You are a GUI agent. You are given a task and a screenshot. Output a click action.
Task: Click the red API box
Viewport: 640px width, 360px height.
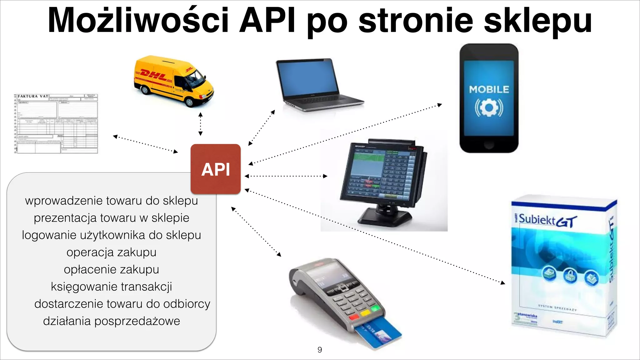pyautogui.click(x=216, y=169)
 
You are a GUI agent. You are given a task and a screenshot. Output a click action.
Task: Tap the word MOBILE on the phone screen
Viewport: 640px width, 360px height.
pyautogui.click(x=489, y=90)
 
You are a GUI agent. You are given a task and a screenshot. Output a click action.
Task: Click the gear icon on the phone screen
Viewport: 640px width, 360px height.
pyautogui.click(x=489, y=108)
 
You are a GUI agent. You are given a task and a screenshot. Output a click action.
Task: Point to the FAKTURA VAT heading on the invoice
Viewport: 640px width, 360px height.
pyautogui.click(x=33, y=96)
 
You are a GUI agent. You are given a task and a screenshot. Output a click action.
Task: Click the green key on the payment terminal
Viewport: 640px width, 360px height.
pyautogui.click(x=376, y=309)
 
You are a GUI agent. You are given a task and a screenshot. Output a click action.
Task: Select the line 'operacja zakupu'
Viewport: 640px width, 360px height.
pyautogui.click(x=111, y=252)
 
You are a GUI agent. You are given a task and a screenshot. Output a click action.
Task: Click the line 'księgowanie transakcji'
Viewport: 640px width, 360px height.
pyautogui.click(x=111, y=287)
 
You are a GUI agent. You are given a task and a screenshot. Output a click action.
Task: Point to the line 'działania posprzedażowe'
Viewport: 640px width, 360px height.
pyautogui.click(x=111, y=321)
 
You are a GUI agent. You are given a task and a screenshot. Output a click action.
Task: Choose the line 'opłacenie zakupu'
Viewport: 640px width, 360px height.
pyautogui.click(x=111, y=269)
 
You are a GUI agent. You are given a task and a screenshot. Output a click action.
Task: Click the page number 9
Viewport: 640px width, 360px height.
pyautogui.click(x=320, y=350)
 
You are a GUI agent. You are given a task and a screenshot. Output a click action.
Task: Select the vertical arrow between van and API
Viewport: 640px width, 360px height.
pyautogui.click(x=201, y=124)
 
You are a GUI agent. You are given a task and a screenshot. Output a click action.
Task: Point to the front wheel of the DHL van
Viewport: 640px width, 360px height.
pyautogui.click(x=190, y=102)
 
